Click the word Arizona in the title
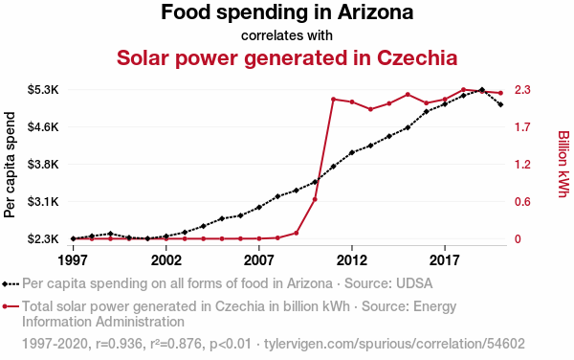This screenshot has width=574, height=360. [x=375, y=12]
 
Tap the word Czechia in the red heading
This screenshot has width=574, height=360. [x=417, y=57]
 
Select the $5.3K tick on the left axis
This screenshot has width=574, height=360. [x=43, y=90]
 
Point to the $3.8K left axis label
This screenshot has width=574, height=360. [x=43, y=165]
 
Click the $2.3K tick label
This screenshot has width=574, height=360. [x=43, y=239]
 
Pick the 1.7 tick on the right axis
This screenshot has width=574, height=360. [x=522, y=127]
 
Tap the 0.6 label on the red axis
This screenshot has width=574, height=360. [x=522, y=202]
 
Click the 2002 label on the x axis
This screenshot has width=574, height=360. [x=166, y=260]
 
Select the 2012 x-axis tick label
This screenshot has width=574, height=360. [x=352, y=260]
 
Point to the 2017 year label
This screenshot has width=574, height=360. [x=445, y=260]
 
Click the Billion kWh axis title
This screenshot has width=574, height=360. [x=563, y=164]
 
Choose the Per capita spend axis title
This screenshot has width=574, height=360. [x=10, y=165]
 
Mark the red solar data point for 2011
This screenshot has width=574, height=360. [x=333, y=100]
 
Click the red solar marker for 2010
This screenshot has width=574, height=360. [x=315, y=199]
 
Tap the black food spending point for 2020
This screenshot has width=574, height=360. [x=500, y=104]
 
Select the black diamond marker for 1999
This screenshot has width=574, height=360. [x=111, y=234]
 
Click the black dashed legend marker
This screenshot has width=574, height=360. [x=11, y=283]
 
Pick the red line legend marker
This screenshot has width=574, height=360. [x=11, y=306]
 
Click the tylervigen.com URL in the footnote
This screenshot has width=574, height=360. [x=394, y=344]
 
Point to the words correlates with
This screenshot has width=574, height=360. [x=287, y=35]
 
